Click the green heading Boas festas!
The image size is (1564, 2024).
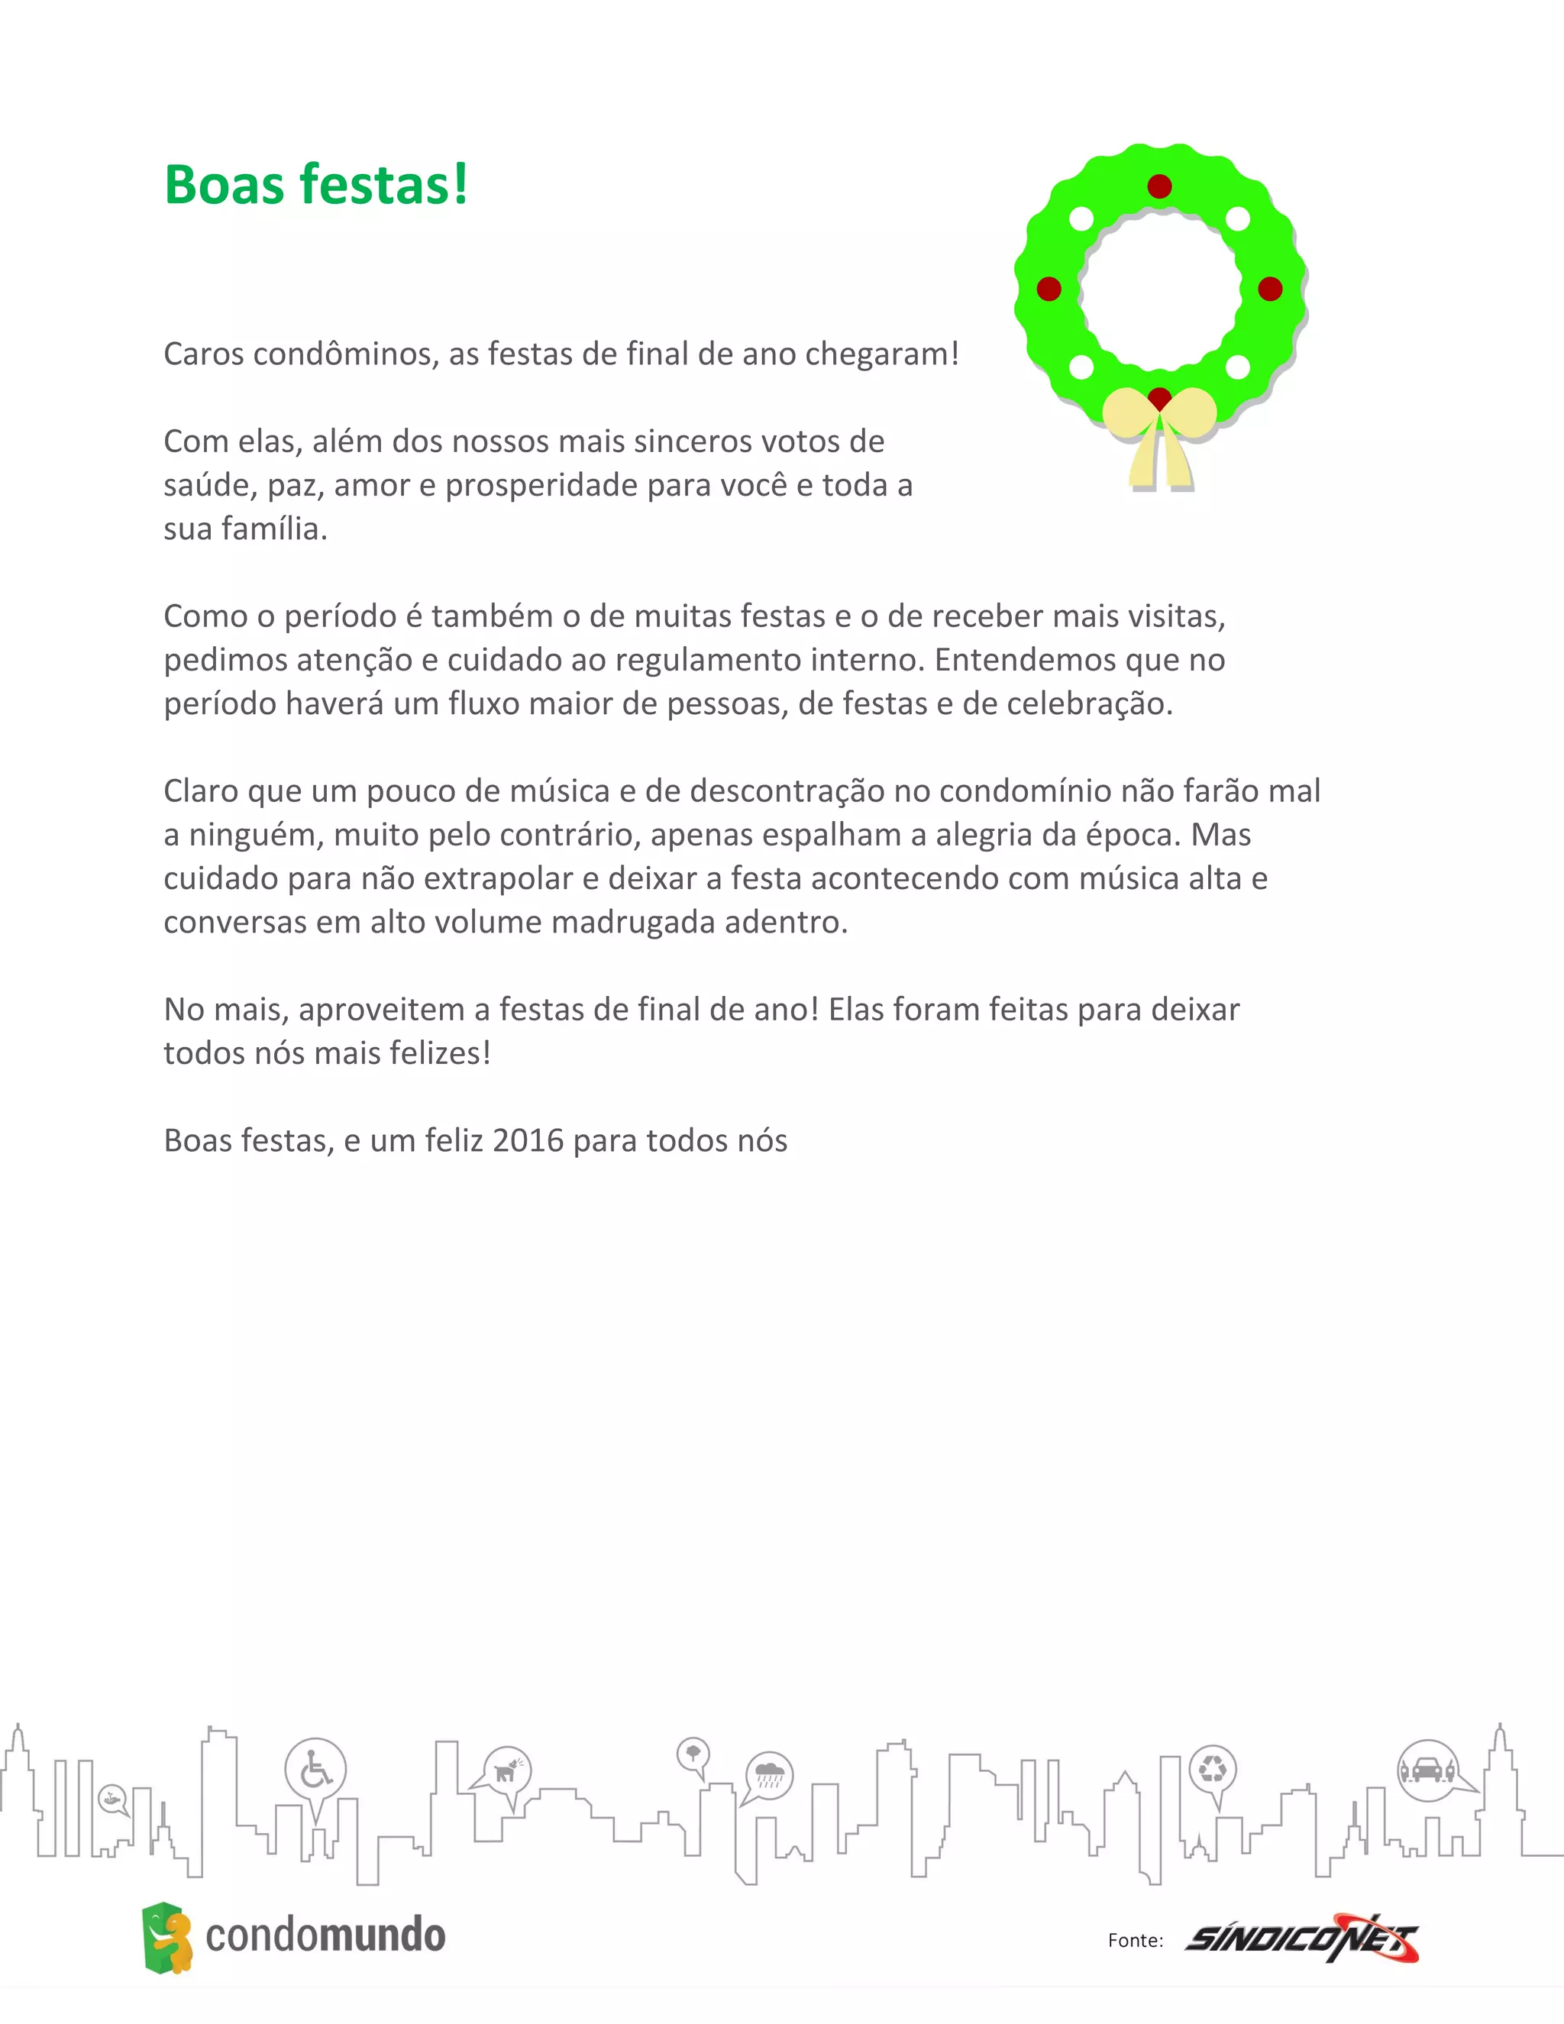coord(316,184)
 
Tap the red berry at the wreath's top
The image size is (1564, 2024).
coord(1159,186)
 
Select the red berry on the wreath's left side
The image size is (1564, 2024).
coord(1049,289)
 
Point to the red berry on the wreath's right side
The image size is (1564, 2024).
coord(1270,289)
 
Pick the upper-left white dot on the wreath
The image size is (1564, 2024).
coord(1081,220)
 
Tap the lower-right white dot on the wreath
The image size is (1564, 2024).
coord(1238,367)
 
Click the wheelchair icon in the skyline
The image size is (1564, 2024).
coord(315,1769)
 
